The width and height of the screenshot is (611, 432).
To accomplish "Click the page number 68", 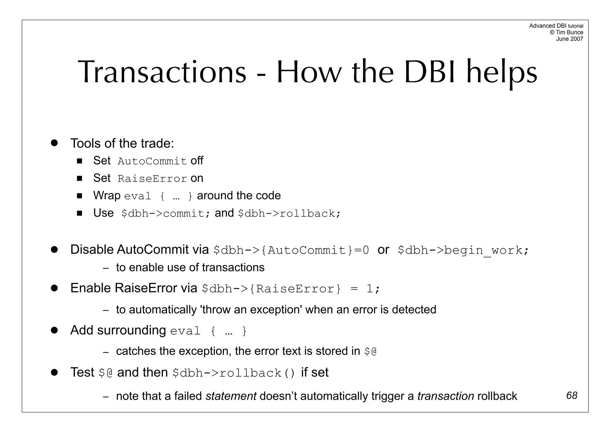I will coord(572,396).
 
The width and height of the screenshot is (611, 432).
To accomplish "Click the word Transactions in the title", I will coord(162,72).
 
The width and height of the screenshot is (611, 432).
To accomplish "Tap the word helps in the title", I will coord(502,72).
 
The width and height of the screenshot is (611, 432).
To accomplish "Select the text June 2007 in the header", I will coord(569,39).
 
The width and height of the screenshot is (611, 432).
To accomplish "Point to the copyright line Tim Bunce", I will coord(566,32).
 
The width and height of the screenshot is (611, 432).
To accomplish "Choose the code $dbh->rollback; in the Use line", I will coord(289,214).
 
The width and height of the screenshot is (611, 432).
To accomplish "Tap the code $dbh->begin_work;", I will coord(463,250).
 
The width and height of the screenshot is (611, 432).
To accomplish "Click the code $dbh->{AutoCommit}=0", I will coord(291,250).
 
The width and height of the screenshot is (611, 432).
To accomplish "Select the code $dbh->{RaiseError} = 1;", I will coord(291,289).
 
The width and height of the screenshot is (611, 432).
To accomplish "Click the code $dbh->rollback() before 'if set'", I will coord(234,373).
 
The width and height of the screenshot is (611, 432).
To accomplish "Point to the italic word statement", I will coord(231,396).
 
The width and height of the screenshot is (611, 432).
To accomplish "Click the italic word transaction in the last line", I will coord(445,396).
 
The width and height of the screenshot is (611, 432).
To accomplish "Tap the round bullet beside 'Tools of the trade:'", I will coord(54,143).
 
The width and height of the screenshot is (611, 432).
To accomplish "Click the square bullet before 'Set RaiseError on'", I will coord(79,178).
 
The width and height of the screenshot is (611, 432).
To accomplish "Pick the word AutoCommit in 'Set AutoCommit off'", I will coord(152,161).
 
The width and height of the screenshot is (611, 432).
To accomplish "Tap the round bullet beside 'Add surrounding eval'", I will coord(54,330).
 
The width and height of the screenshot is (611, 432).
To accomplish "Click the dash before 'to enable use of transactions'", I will coord(105,268).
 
